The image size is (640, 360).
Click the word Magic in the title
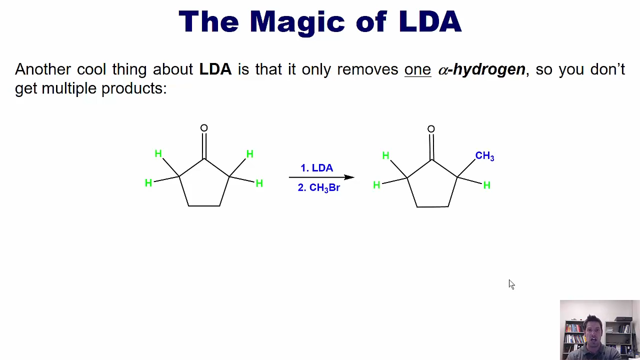297,22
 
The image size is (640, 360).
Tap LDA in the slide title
430,21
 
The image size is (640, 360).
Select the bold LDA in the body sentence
215,69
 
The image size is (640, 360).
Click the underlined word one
417,70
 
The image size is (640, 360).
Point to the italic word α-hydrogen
481,70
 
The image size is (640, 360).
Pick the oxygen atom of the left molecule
204,128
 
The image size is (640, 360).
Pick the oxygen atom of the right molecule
431,129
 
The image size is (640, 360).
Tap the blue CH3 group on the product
484,156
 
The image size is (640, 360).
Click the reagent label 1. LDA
317,168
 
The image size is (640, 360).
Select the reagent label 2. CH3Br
319,188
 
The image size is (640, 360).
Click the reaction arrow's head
349,177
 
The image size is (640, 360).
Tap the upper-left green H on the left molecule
158,153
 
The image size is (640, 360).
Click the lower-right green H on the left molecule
259,183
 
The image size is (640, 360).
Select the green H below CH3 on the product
487,185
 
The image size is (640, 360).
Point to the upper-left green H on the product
385,155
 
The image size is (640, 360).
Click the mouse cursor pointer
511,284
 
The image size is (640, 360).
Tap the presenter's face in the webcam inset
593,335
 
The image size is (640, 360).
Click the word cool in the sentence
91,69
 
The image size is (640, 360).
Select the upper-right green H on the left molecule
249,154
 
